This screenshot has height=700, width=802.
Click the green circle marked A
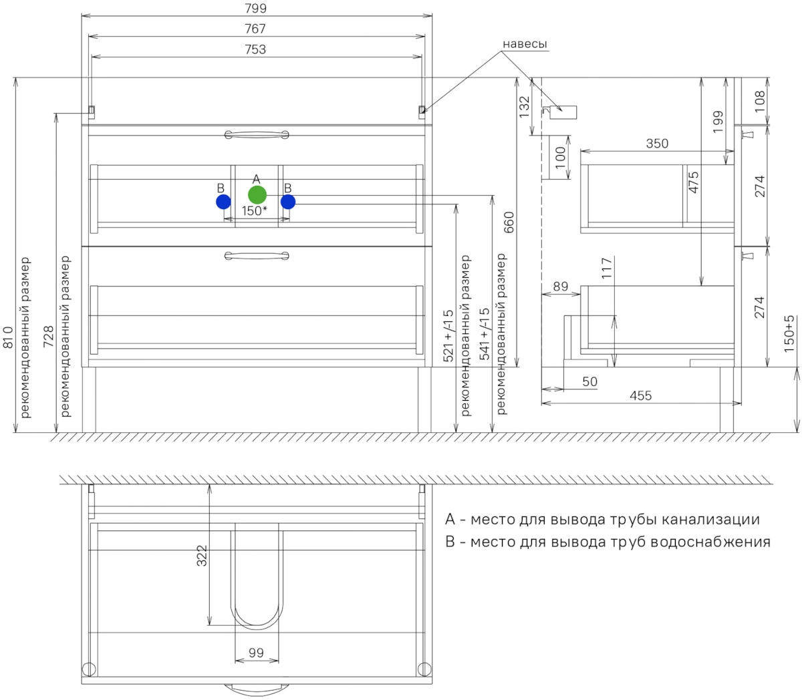[x=257, y=194]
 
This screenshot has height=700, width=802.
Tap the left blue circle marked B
[x=223, y=202]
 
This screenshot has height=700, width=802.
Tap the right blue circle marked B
[x=288, y=202]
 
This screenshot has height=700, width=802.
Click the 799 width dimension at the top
[x=255, y=8]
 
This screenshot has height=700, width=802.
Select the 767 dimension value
[x=255, y=29]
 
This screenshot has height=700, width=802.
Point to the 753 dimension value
[x=255, y=49]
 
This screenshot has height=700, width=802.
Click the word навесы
[x=525, y=44]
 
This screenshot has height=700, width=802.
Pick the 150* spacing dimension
[x=255, y=211]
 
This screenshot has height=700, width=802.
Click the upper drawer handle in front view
[x=257, y=135]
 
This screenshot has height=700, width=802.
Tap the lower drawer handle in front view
[x=257, y=256]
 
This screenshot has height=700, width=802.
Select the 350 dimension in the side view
[x=657, y=144]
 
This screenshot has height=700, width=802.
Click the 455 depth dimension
[x=640, y=395]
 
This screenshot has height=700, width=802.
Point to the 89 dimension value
[x=561, y=287]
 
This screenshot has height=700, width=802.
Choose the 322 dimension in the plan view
[x=201, y=556]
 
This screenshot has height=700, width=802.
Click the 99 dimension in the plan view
[x=256, y=653]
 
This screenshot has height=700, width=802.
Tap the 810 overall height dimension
[x=8, y=337]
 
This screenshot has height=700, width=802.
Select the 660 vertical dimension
[x=509, y=222]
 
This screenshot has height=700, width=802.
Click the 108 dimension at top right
[x=760, y=101]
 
